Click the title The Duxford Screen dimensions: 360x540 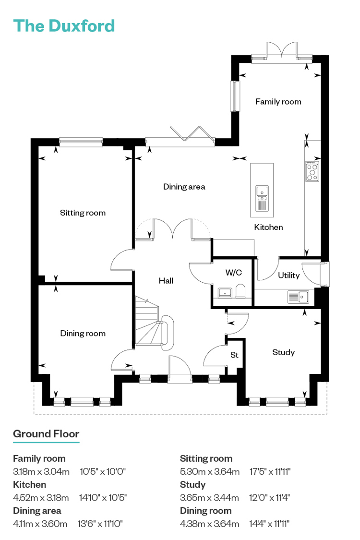coord(64,26)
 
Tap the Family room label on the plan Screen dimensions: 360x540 coord(278,102)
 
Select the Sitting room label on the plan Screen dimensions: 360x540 coord(83,213)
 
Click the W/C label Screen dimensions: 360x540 coord(234,273)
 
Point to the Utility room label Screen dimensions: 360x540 coord(288,275)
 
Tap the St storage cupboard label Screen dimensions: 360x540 coord(234,355)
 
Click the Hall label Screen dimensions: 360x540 coord(166,281)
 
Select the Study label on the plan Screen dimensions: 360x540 coord(284,352)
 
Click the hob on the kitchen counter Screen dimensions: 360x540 coord(312,171)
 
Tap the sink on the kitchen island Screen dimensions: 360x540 coord(262,198)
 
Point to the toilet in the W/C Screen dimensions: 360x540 coord(240,291)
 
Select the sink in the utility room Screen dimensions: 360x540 coord(299,297)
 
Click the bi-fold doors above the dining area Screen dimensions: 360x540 coord(188,133)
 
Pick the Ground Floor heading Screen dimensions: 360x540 coord(46,434)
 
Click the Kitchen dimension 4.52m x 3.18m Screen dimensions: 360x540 coord(41,498)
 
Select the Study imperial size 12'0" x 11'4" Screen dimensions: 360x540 coord(269,498)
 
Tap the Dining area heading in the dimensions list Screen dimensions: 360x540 coord(37,511)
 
